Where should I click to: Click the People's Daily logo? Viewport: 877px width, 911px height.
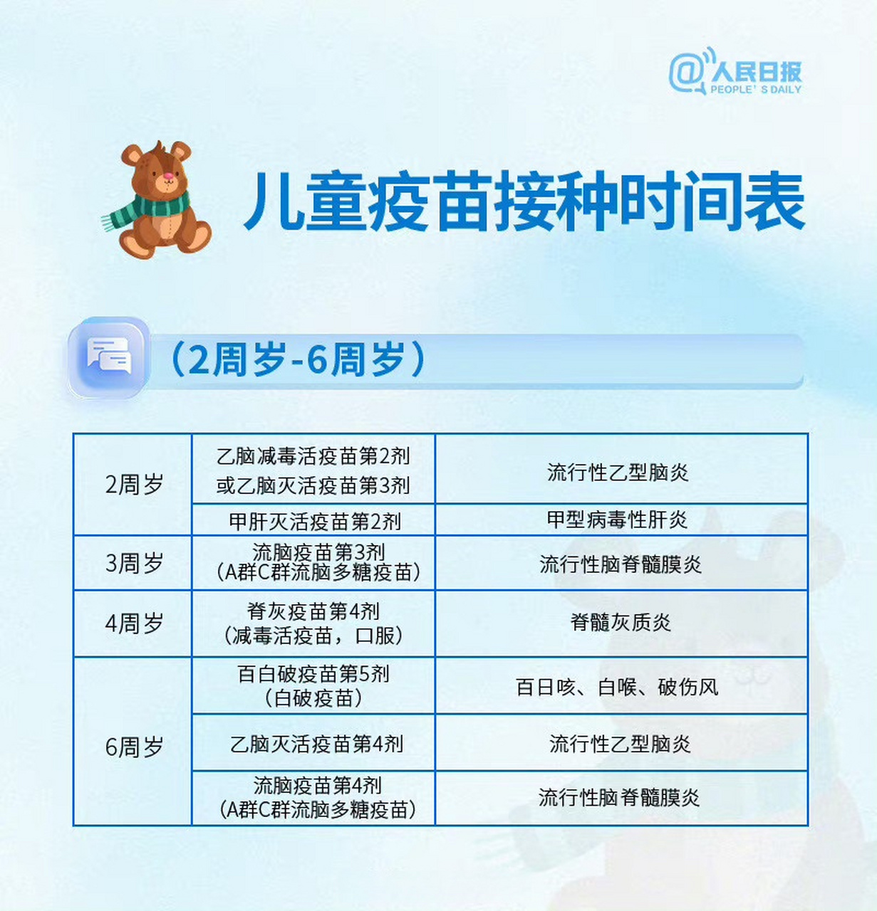735,72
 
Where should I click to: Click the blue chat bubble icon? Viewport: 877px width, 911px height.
108,357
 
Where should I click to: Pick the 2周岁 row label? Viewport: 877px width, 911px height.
133,485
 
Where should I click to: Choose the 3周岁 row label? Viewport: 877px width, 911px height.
133,563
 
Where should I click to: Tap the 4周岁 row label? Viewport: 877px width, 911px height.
133,623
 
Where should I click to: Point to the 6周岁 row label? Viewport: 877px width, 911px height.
133,747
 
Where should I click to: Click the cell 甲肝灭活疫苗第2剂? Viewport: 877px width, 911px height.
314,521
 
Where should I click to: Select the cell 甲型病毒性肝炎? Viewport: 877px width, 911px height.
617,520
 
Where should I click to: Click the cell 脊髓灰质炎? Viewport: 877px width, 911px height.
621,623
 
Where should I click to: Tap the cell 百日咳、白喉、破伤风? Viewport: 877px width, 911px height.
617,687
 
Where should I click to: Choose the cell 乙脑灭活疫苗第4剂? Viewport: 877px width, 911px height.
316,744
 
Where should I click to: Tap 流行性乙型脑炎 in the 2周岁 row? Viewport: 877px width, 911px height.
618,472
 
